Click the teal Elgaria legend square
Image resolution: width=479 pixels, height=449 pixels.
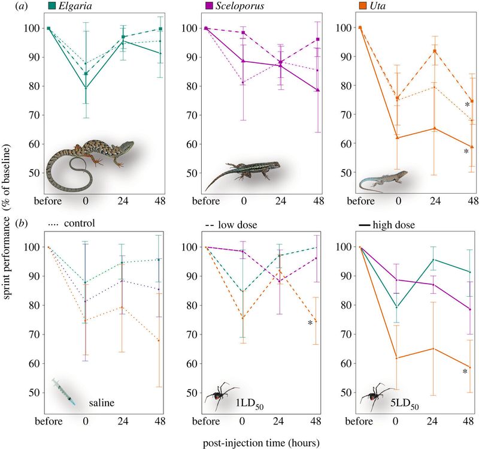tap(52, 5)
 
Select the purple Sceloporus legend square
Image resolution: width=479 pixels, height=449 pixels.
tap(209, 5)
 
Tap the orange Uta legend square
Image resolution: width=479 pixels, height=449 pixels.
tap(363, 5)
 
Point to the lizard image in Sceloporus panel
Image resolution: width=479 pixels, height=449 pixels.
tap(242, 175)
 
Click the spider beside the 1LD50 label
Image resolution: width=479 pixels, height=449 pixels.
tap(219, 396)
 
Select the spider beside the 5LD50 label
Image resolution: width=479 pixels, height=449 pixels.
tap(375, 396)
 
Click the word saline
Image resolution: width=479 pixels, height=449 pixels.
tap(102, 402)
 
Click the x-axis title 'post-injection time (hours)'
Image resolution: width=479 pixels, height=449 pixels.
tap(261, 443)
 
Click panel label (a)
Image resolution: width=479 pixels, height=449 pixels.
tap(21, 6)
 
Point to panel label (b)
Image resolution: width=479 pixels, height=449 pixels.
tap(22, 223)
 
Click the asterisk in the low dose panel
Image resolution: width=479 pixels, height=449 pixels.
tap(310, 323)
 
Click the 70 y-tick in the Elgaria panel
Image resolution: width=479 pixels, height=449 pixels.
tap(34, 115)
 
